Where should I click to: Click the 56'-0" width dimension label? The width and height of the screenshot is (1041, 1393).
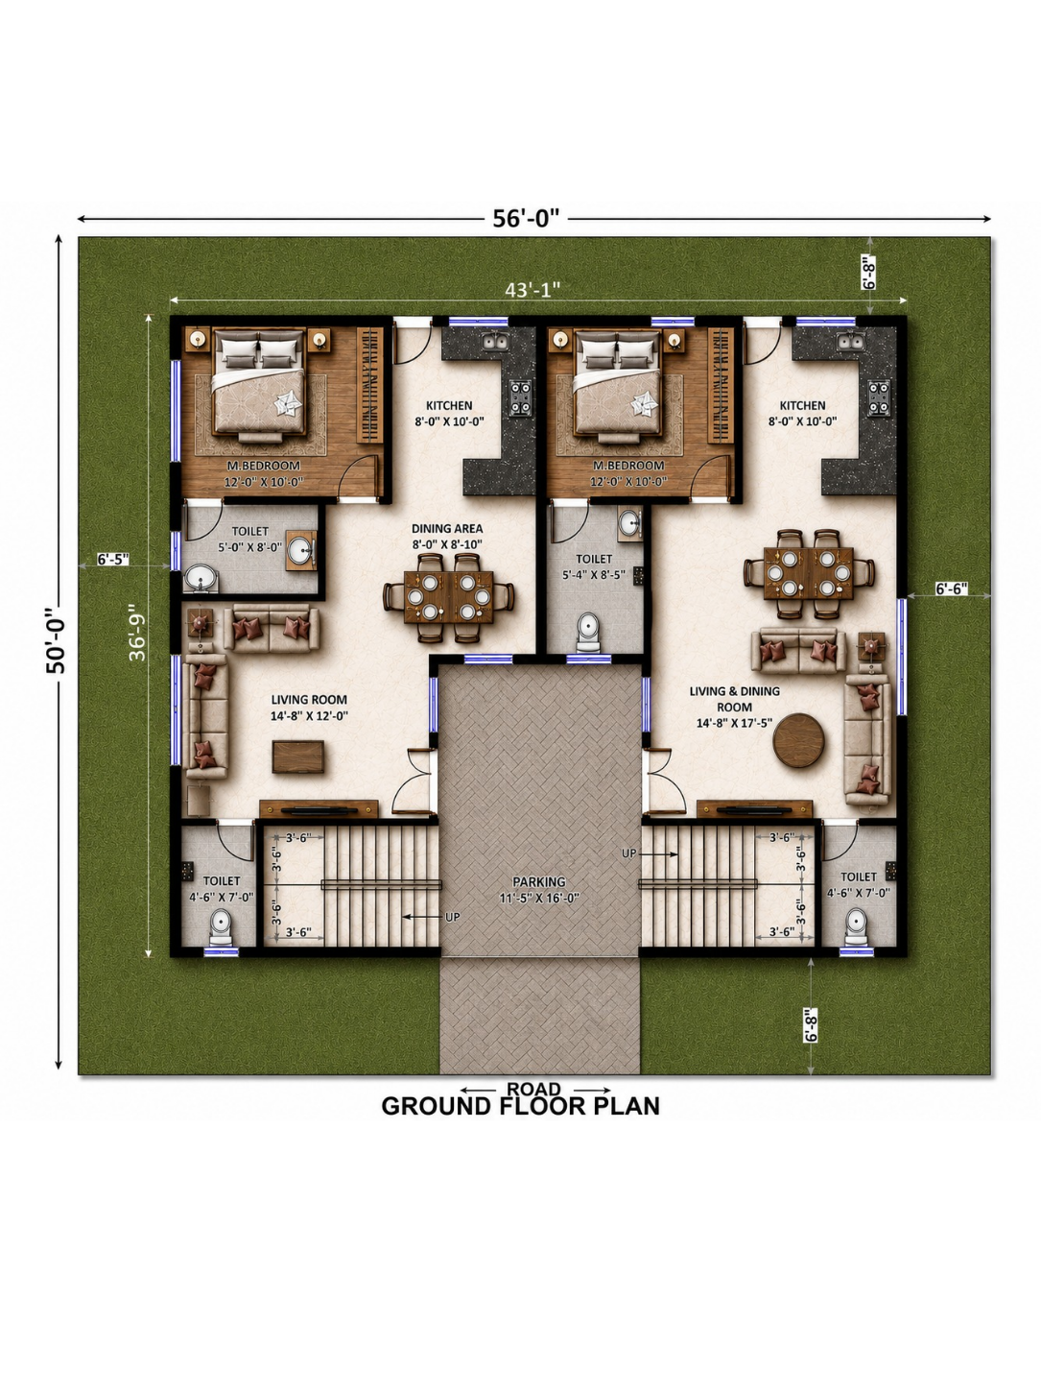point(526,218)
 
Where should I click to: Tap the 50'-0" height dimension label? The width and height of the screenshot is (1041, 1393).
point(56,641)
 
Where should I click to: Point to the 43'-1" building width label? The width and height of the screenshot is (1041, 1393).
point(532,289)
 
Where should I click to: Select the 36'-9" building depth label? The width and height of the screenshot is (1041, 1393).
point(137,636)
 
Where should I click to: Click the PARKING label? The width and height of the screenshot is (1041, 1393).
point(539,881)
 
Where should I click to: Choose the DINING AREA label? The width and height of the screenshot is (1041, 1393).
point(447,528)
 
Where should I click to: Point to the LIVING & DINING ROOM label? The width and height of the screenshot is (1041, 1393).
point(735,699)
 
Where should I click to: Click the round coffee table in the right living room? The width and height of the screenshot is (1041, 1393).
point(799,740)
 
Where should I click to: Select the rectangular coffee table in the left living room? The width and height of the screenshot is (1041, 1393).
point(298,757)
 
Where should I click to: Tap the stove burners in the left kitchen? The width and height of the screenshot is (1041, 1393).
point(521,397)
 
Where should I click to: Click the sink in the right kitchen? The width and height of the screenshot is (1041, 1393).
point(851,343)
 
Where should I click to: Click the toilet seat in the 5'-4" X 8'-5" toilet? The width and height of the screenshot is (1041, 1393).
point(588,631)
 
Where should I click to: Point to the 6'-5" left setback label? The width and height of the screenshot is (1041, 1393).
point(113,559)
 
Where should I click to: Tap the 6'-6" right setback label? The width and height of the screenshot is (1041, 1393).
point(952,588)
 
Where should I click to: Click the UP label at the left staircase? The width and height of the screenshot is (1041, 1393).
point(452,917)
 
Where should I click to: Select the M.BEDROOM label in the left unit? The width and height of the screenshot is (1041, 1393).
point(263,466)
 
